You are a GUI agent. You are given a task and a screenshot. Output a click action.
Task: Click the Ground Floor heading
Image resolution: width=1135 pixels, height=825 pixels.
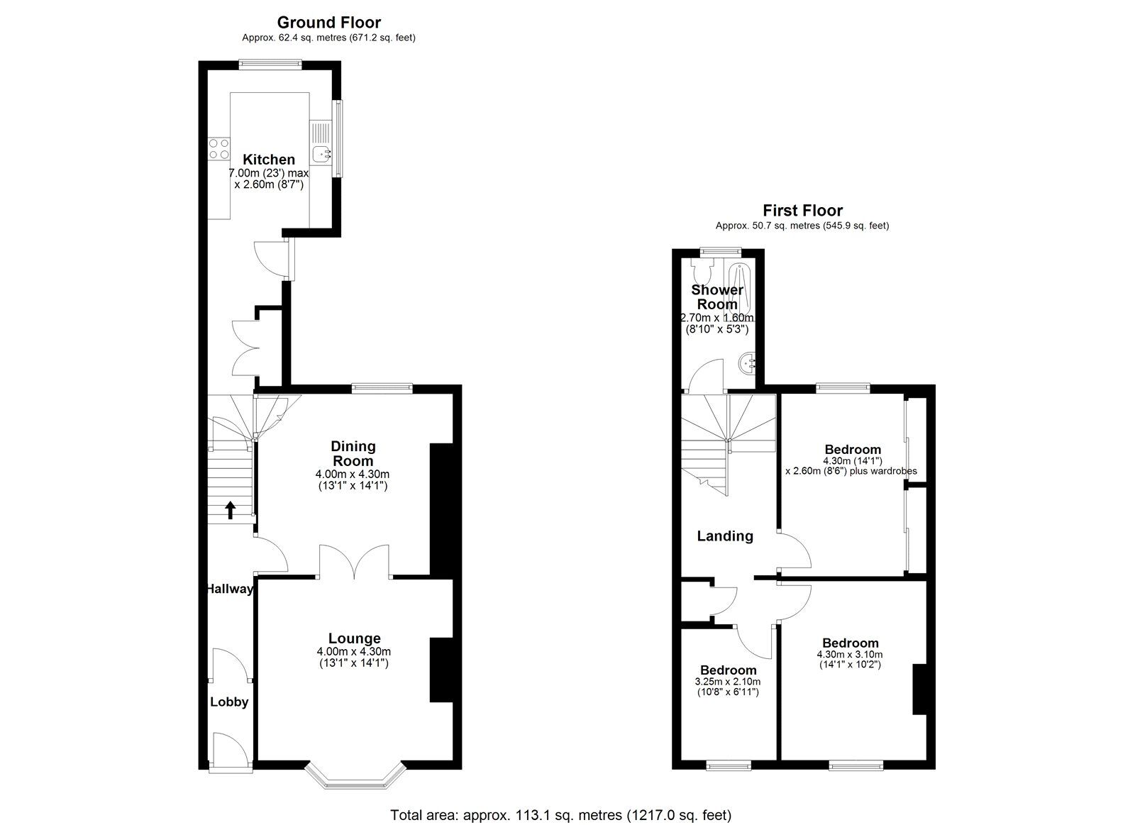pyautogui.click(x=328, y=23)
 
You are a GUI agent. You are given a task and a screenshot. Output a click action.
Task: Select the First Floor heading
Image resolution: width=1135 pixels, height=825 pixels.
pyautogui.click(x=802, y=210)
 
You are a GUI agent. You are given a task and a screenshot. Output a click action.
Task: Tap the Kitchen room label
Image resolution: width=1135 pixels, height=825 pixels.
pyautogui.click(x=269, y=160)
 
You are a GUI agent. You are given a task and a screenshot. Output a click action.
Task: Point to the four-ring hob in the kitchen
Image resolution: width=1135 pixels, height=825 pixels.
pyautogui.click(x=218, y=149)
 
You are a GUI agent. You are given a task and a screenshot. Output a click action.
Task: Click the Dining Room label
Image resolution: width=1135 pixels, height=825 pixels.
pyautogui.click(x=353, y=453)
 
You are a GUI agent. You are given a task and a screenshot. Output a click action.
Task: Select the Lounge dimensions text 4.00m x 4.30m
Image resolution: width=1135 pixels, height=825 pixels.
pyautogui.click(x=353, y=652)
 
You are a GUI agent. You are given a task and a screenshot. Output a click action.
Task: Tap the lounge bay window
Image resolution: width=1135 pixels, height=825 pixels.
pyautogui.click(x=353, y=778)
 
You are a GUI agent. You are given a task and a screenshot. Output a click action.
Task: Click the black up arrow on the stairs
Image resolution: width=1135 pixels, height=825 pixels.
pyautogui.click(x=231, y=510)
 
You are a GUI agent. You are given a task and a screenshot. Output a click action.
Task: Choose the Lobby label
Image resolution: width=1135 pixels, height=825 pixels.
pyautogui.click(x=229, y=702)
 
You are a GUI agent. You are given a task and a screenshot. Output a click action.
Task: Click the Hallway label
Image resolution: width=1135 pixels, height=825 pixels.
pyautogui.click(x=229, y=589)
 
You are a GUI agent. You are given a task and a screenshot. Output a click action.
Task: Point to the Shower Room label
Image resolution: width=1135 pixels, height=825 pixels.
pyautogui.click(x=717, y=297)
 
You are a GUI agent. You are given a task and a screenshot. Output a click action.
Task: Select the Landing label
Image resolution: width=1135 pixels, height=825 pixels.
pyautogui.click(x=724, y=536)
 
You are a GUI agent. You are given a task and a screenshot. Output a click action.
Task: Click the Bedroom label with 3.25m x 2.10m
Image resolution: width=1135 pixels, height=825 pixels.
pyautogui.click(x=728, y=670)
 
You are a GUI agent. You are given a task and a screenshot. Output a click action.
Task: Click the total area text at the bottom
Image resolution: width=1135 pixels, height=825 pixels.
pyautogui.click(x=560, y=815)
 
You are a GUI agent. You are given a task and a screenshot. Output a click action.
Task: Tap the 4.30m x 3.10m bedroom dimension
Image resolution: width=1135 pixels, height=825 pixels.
pyautogui.click(x=851, y=655)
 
